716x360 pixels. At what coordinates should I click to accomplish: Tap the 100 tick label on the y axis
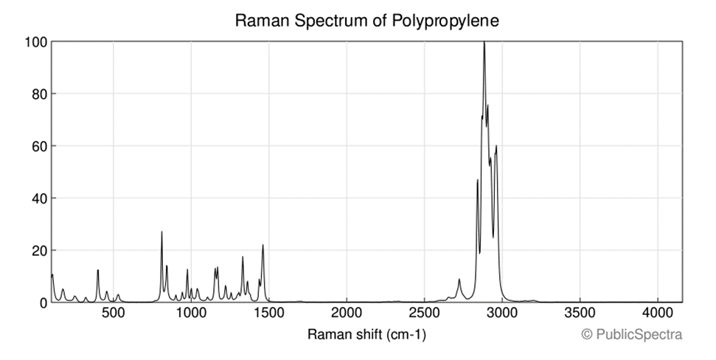(x=34, y=42)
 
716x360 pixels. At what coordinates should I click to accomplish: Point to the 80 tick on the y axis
(x=38, y=94)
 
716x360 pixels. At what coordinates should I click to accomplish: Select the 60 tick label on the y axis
(x=38, y=146)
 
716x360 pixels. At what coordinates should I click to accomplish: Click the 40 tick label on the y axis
(x=38, y=198)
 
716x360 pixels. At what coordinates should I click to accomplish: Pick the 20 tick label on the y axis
(x=38, y=251)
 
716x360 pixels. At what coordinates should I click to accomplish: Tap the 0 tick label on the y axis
(x=41, y=302)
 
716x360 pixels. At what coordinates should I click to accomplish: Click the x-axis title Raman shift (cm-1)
(x=366, y=335)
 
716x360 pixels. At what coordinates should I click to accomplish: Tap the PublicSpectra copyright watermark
(x=632, y=335)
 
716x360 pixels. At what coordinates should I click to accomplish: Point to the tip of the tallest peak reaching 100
(x=484, y=42)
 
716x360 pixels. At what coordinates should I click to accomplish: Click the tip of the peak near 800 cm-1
(x=161, y=232)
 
